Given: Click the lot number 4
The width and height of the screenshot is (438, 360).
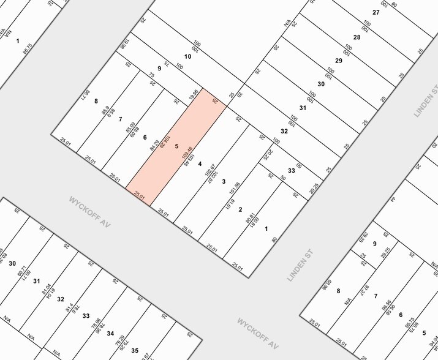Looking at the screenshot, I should (200, 164).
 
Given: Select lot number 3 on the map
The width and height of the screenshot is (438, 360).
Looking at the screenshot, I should (224, 181).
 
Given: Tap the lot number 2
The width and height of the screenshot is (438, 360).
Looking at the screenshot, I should (240, 209).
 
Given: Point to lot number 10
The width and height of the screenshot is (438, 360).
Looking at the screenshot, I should (187, 56).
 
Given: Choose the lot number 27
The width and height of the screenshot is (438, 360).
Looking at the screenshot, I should (376, 13).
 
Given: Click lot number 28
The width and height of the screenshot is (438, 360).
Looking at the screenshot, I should (357, 37).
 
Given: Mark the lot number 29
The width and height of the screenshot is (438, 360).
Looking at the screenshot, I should (338, 60).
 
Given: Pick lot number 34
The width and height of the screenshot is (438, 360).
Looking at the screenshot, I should (110, 333).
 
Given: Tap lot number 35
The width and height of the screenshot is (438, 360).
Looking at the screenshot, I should (134, 351).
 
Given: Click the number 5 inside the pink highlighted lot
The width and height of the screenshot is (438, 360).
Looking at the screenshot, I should (176, 146).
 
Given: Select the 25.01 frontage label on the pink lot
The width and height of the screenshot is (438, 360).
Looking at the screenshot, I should (140, 197).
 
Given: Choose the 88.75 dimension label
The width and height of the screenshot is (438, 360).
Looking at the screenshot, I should (27, 49).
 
